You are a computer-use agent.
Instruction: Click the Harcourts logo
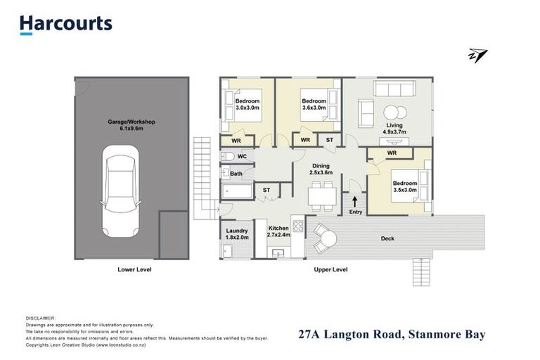[65, 24]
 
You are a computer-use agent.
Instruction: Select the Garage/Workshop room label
[131, 125]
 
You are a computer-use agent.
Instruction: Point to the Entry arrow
[354, 202]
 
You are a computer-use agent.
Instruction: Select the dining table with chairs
[323, 196]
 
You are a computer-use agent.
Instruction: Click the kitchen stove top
[297, 227]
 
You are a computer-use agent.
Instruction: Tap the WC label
[241, 156]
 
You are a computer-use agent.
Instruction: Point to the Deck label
[387, 238]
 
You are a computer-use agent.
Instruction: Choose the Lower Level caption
[134, 269]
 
